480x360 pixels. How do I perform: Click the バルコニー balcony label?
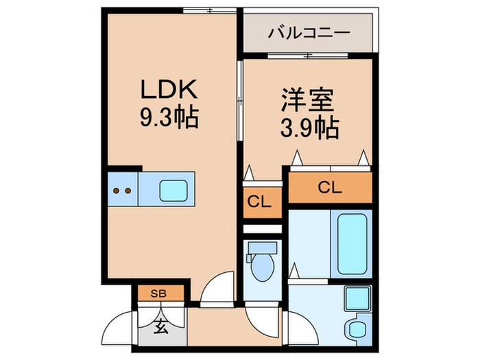[309, 32]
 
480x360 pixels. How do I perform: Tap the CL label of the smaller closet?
[261, 202]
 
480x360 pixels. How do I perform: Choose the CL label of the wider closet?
[329, 187]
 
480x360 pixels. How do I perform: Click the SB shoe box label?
[158, 293]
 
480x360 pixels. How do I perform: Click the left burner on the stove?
[117, 190]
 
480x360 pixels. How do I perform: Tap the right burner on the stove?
[128, 190]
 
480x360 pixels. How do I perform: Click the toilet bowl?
[262, 269]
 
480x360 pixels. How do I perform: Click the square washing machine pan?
[357, 299]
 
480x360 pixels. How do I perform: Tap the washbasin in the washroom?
[357, 329]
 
